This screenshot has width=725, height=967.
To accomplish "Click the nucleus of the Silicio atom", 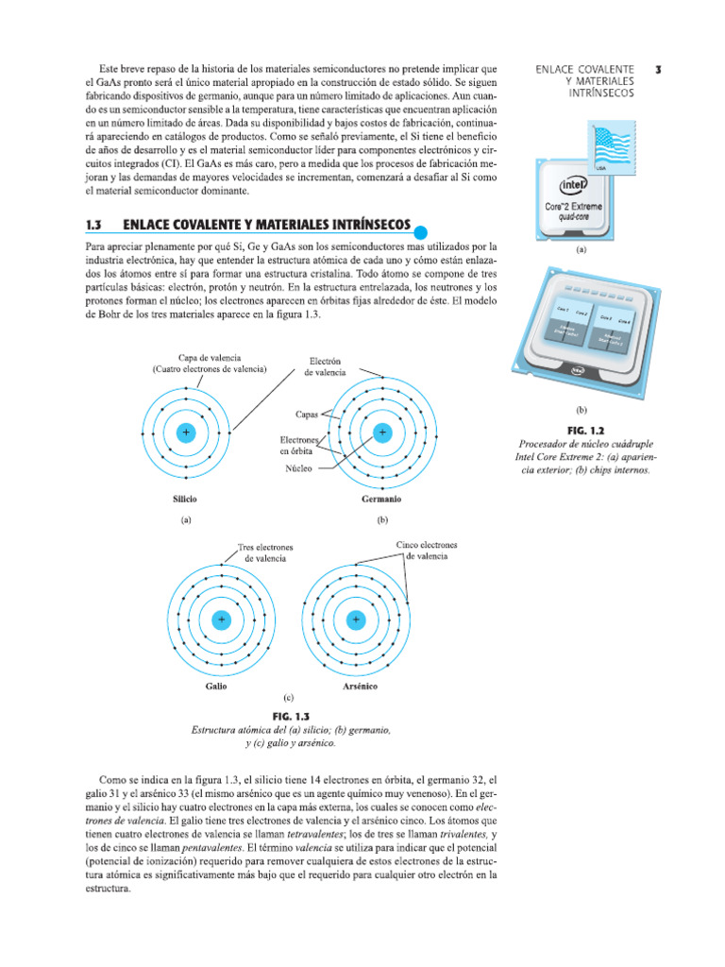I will [x=186, y=433].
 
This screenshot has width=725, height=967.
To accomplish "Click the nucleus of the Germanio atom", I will [x=382, y=433].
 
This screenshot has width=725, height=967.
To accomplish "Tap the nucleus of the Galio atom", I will [x=222, y=619].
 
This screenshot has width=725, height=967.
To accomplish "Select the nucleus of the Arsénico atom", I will [x=356, y=619].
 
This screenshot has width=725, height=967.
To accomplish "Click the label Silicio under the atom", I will [x=185, y=498].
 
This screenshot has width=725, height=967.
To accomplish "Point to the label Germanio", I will [x=381, y=498].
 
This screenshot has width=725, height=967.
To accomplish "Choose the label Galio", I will [x=215, y=686].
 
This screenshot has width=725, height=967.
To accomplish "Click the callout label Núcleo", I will [x=299, y=467].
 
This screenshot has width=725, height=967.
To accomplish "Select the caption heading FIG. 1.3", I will [x=291, y=717].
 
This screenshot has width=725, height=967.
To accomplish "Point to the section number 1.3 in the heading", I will [x=93, y=226].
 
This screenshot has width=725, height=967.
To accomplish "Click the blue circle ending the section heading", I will [x=421, y=232].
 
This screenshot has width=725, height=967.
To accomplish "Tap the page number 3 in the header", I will [x=658, y=69].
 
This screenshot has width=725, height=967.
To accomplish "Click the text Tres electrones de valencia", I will [x=265, y=552].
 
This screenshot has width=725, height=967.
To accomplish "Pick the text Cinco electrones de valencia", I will [x=427, y=551].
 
